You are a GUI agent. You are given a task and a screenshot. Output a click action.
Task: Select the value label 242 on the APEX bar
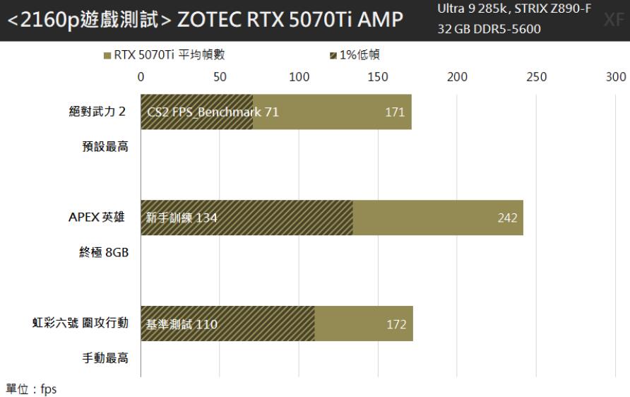pyautogui.click(x=507, y=218)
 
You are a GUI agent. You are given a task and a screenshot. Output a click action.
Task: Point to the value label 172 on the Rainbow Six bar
pyautogui.click(x=396, y=324)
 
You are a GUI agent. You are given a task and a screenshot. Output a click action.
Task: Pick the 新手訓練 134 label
pyautogui.click(x=182, y=218)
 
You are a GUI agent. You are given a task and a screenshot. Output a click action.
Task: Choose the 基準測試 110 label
pyautogui.click(x=182, y=324)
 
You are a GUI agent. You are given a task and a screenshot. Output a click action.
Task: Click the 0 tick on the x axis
pyautogui.click(x=141, y=77)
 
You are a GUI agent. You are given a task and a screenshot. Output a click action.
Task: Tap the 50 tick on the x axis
pyautogui.click(x=220, y=77)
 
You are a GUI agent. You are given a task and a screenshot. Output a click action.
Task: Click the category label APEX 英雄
pyautogui.click(x=97, y=218)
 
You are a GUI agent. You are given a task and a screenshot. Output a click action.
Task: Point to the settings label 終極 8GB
pyautogui.click(x=103, y=253)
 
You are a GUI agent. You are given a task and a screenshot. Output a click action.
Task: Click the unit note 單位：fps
pyautogui.click(x=31, y=389)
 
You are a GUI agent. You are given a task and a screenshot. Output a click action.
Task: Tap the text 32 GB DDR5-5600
pyautogui.click(x=489, y=30)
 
